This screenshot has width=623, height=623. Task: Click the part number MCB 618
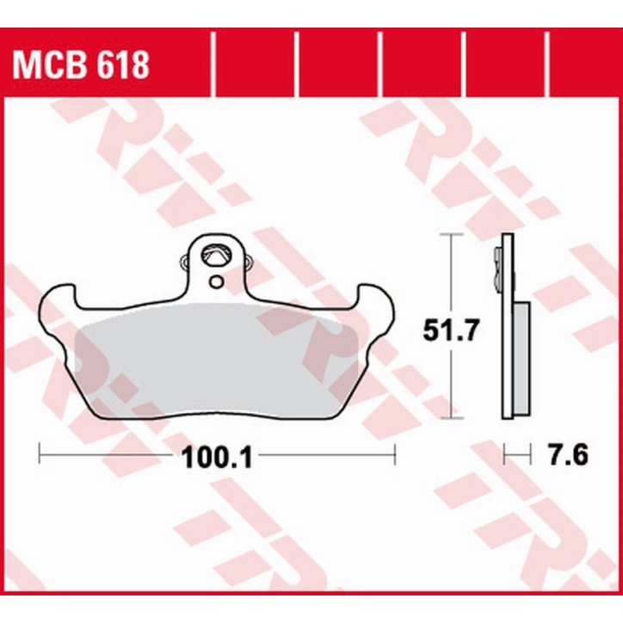[79, 64]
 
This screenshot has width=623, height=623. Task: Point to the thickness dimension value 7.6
[566, 454]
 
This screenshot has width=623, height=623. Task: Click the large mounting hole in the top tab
[214, 256]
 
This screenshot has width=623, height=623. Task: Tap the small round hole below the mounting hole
[215, 281]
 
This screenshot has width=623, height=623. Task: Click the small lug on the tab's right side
[248, 263]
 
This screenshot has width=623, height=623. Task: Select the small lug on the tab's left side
[182, 263]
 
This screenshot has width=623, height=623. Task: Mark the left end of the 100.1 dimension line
[40, 450]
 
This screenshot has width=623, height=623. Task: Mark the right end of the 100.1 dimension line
[393, 450]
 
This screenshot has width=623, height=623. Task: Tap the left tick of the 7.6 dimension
[504, 450]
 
